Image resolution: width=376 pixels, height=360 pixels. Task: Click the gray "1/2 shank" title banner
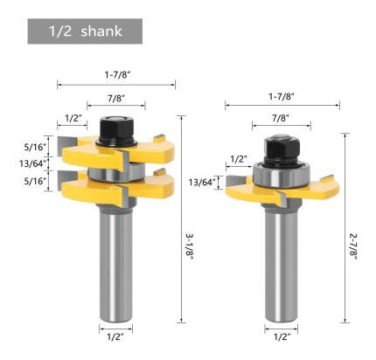(85, 31)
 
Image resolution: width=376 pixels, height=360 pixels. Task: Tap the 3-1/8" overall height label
(189, 246)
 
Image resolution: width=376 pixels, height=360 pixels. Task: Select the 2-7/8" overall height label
(353, 246)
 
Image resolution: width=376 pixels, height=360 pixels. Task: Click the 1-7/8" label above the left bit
(117, 75)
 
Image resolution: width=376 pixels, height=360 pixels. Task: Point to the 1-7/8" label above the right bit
(282, 96)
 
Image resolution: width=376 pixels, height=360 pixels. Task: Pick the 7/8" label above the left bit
(116, 98)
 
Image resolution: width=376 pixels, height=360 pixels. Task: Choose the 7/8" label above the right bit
(281, 118)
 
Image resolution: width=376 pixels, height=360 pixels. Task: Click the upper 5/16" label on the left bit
(36, 147)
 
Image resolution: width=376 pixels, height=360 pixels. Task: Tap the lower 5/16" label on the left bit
(36, 181)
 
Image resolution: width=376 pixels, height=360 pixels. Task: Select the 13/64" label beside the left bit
(33, 163)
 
